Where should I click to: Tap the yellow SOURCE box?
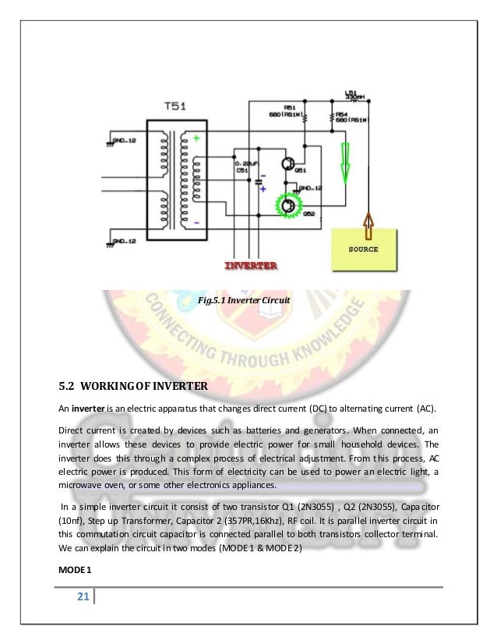363,250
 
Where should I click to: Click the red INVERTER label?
251,266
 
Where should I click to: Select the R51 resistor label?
290,108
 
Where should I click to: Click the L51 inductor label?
351,92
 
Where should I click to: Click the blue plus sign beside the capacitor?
263,189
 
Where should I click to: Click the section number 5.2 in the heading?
66,385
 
